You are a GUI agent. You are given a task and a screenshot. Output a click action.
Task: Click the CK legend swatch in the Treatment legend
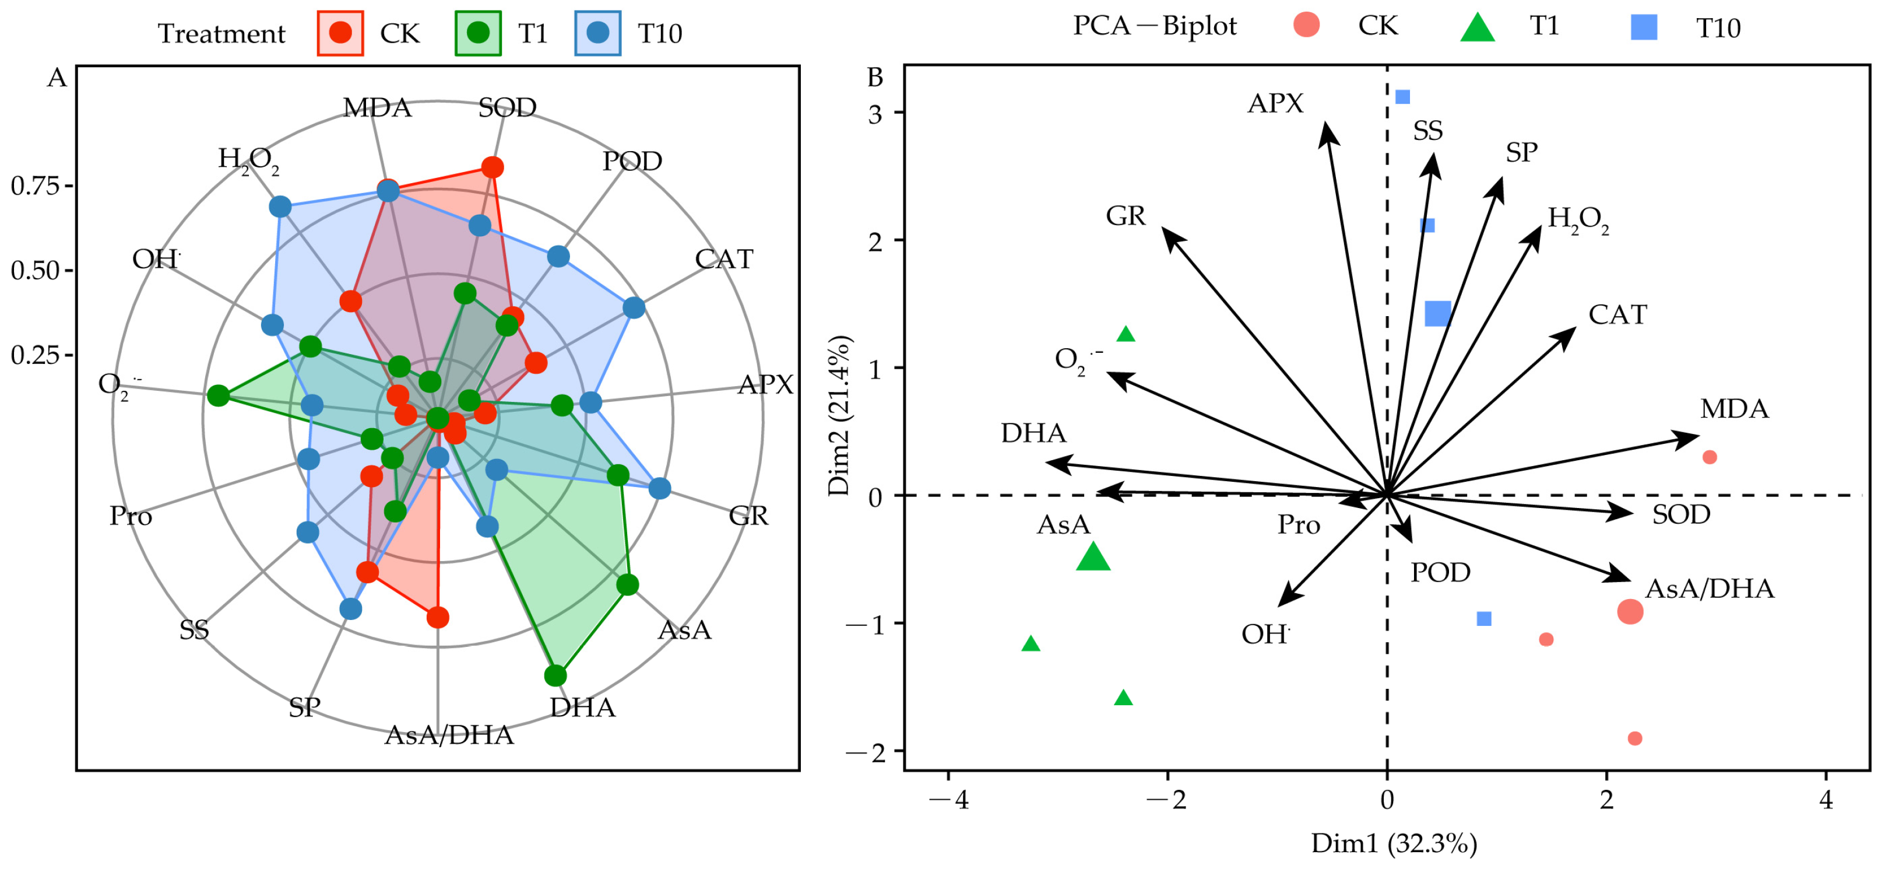click(x=340, y=33)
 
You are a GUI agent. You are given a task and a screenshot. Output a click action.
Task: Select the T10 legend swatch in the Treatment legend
click(x=598, y=33)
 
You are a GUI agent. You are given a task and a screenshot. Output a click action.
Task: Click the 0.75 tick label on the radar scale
click(x=35, y=186)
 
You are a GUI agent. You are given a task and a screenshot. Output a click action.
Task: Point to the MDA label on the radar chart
click(x=378, y=108)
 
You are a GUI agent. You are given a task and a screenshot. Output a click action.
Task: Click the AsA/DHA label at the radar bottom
click(x=449, y=735)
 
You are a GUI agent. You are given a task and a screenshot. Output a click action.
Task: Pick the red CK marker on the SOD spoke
click(x=493, y=167)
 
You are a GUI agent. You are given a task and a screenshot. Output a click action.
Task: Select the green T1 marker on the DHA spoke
click(x=555, y=675)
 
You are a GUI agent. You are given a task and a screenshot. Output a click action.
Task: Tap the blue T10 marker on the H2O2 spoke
click(x=280, y=206)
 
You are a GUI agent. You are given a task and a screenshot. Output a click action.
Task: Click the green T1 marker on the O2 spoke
click(x=218, y=396)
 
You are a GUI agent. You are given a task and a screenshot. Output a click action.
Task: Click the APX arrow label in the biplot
click(x=1275, y=103)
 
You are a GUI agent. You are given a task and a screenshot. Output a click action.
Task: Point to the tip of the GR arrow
click(x=1163, y=230)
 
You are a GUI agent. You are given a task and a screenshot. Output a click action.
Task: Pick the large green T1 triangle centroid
click(x=1093, y=557)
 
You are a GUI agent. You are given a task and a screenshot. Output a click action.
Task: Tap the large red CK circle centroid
click(x=1630, y=611)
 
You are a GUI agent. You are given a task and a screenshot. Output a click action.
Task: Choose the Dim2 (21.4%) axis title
click(x=839, y=416)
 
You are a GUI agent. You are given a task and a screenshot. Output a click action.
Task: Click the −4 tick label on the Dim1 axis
click(x=948, y=800)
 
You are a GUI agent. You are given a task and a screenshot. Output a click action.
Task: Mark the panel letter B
click(x=875, y=78)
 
